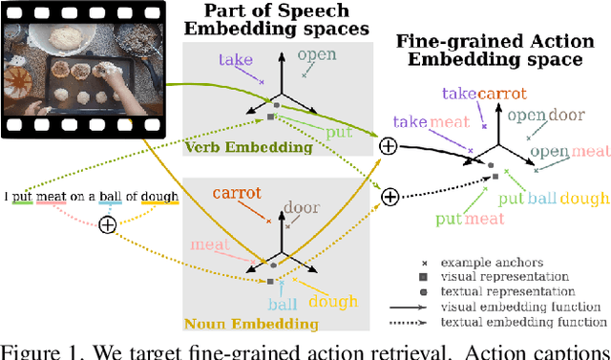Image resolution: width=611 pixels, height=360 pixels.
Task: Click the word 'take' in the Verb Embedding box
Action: pyautogui.click(x=235, y=59)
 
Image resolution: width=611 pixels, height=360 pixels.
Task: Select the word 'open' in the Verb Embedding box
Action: pyautogui.click(x=318, y=54)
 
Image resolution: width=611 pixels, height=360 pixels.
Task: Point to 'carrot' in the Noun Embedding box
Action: pyautogui.click(x=236, y=193)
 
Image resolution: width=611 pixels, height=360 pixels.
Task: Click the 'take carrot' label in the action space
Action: pyautogui.click(x=481, y=93)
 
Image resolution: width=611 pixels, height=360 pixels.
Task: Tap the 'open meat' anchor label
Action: pyautogui.click(x=570, y=151)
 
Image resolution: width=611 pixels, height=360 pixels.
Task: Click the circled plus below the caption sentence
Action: pyautogui.click(x=108, y=223)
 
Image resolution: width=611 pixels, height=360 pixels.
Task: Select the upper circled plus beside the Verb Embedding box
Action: pyautogui.click(x=388, y=146)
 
